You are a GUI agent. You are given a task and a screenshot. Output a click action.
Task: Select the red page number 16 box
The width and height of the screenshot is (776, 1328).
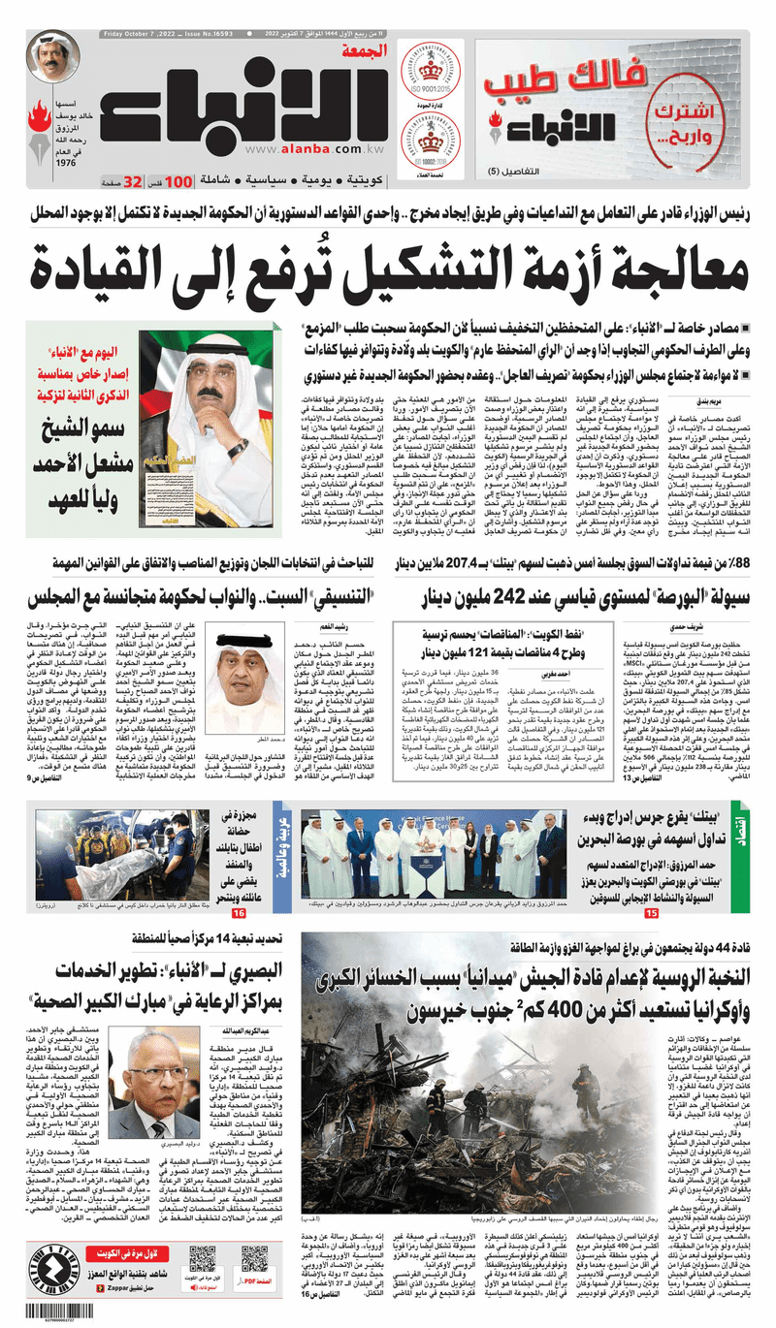[238, 914]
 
